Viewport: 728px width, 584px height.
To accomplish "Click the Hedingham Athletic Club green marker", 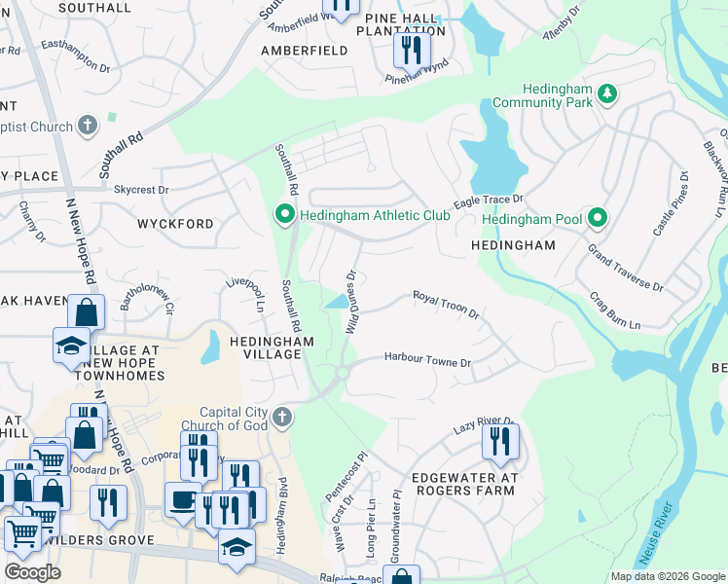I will click(285, 214).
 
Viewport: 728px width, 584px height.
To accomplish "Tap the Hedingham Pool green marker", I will click(600, 219).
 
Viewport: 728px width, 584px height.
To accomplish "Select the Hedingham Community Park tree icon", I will click(608, 93).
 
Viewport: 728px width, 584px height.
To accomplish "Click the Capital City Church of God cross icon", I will click(282, 418).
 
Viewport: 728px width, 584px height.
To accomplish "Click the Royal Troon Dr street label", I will click(447, 304).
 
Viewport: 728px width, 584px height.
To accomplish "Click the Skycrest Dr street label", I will click(141, 190).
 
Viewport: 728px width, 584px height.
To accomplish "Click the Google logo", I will click(33, 572).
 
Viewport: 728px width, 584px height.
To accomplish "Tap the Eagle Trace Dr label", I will click(489, 199).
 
